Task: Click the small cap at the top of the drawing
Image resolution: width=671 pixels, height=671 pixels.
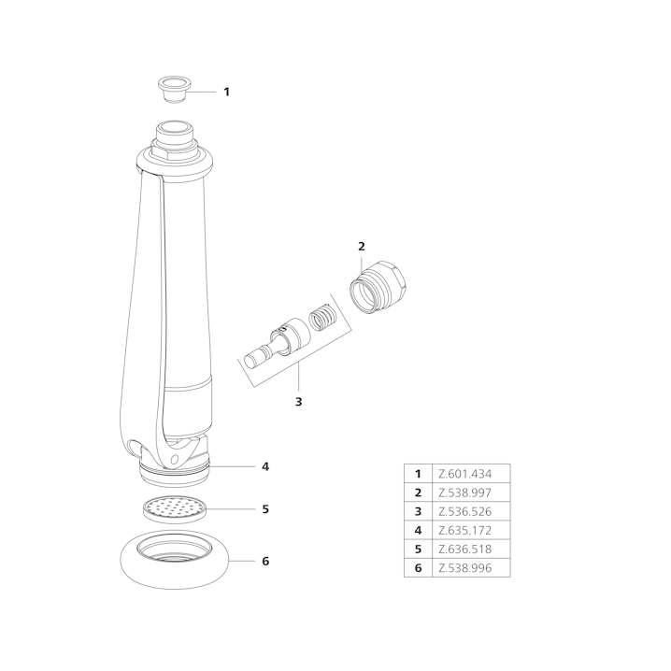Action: point(174,89)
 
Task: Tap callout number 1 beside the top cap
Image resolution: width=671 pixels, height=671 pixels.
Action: point(227,92)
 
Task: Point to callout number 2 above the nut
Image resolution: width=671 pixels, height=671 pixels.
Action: point(362,247)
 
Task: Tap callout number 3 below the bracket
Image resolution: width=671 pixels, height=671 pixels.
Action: point(299,402)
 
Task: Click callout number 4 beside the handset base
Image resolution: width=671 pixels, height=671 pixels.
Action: point(265,466)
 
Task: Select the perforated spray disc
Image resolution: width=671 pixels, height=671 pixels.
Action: point(174,508)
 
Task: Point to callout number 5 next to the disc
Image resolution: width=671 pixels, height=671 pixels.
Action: point(265,509)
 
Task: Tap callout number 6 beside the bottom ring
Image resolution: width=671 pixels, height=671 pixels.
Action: point(265,561)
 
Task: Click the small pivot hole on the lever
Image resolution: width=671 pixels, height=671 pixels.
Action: point(174,460)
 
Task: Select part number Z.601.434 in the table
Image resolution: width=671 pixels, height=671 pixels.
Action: point(465,474)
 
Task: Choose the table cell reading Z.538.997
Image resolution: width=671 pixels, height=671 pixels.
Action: point(465,493)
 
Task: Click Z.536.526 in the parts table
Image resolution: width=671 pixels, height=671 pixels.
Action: point(465,511)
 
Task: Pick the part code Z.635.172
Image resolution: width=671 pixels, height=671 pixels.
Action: point(465,530)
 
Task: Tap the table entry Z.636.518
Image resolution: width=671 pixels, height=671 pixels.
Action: point(465,549)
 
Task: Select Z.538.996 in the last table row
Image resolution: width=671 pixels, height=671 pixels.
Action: point(465,568)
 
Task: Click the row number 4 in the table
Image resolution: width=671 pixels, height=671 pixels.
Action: point(418,530)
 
